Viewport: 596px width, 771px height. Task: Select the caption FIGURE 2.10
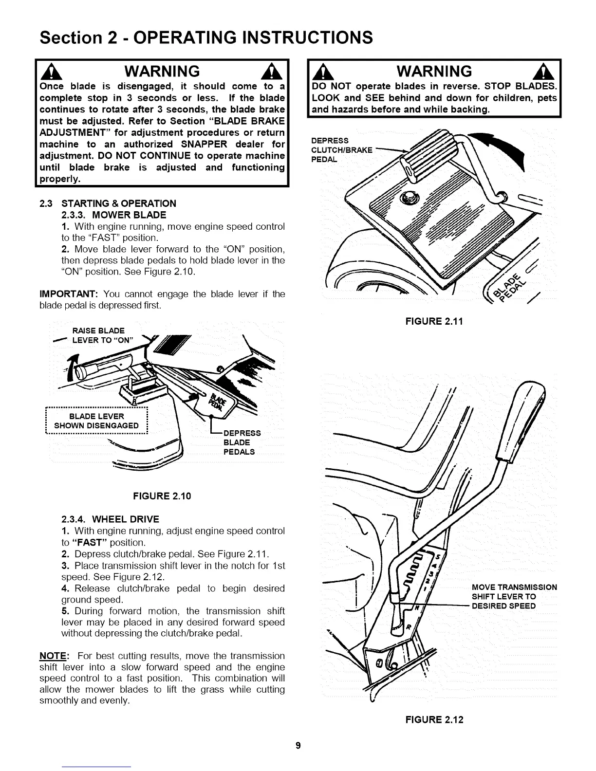point(162,496)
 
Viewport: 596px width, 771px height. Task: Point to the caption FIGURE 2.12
point(435,720)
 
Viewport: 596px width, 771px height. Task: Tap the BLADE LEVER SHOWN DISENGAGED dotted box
point(96,421)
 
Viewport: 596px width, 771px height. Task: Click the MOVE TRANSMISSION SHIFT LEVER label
point(514,596)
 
